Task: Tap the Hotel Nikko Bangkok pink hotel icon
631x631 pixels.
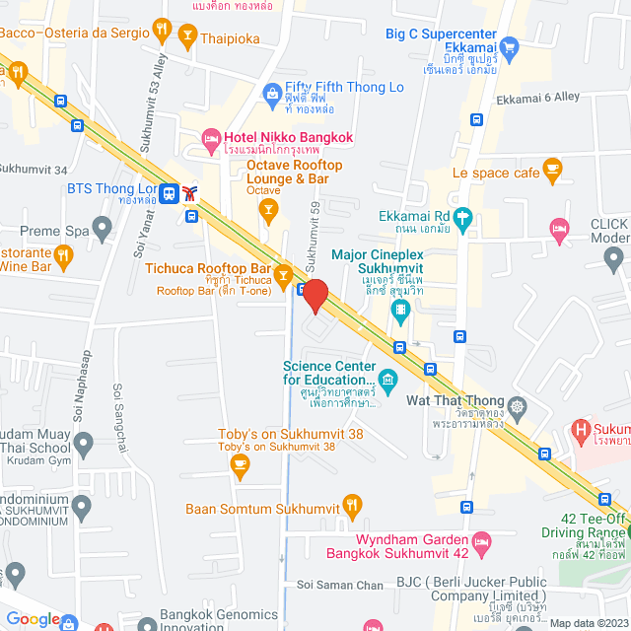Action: (210, 138)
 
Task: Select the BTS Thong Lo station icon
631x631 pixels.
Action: (171, 193)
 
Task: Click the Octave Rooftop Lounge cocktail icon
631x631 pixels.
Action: (266, 208)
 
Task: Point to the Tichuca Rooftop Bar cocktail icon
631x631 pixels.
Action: (284, 271)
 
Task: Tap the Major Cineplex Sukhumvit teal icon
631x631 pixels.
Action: (401, 315)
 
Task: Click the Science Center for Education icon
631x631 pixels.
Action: (387, 379)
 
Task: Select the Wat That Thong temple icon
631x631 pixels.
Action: (518, 405)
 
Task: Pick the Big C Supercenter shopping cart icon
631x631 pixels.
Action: (509, 45)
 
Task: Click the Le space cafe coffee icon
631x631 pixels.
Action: (553, 172)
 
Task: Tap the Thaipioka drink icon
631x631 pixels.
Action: (186, 39)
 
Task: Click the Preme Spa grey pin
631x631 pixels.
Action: (102, 231)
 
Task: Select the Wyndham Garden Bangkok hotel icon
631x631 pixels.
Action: (482, 541)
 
